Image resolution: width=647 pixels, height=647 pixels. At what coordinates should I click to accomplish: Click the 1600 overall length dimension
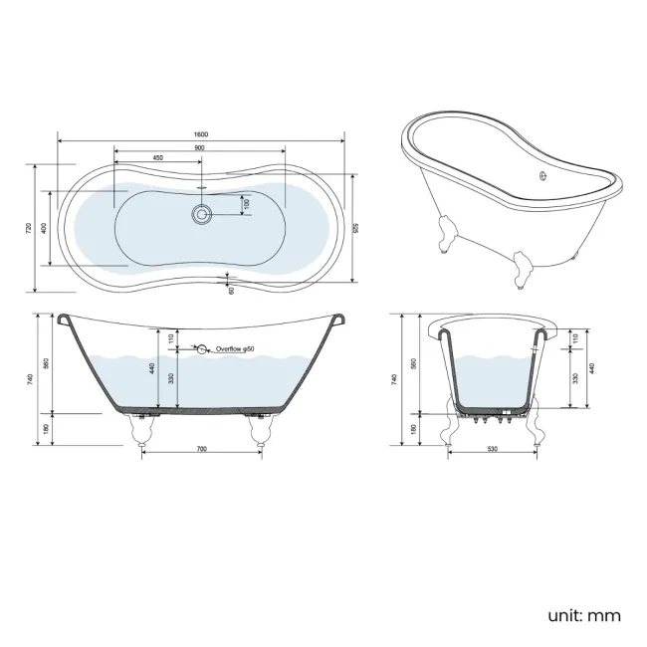click(200, 133)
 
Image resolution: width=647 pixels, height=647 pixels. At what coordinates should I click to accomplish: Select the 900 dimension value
click(200, 148)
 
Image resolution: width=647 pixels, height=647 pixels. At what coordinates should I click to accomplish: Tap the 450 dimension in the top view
click(158, 159)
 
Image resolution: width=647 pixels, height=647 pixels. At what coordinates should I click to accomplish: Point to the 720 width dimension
click(29, 228)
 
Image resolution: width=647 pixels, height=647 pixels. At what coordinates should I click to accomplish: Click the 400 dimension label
click(43, 228)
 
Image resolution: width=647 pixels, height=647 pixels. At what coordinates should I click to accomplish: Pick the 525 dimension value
click(356, 228)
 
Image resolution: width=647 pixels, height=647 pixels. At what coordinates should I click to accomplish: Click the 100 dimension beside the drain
click(247, 204)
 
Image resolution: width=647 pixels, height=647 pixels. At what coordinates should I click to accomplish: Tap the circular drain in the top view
click(202, 212)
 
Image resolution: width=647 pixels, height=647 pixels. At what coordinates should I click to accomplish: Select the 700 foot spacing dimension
click(201, 451)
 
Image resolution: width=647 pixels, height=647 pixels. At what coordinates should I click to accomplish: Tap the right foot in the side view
click(262, 427)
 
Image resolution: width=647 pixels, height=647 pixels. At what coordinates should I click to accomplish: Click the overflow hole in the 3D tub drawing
click(542, 179)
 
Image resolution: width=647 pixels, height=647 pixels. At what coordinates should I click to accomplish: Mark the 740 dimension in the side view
click(32, 378)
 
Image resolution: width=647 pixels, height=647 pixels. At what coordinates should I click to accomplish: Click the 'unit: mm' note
click(583, 616)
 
